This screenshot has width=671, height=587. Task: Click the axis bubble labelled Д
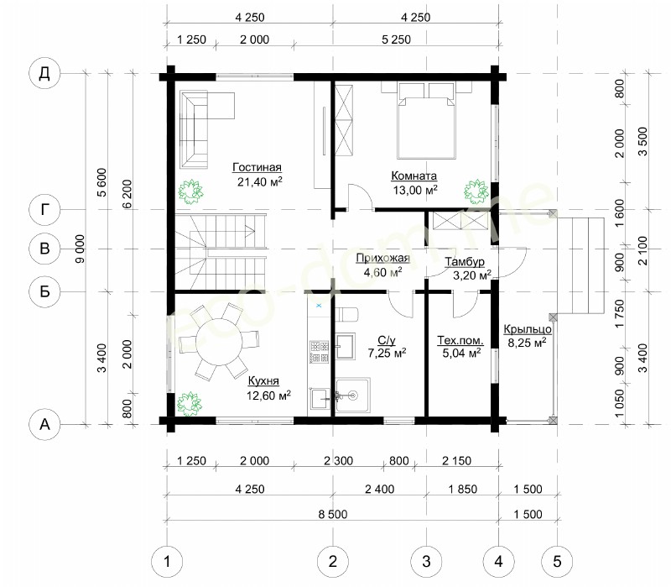coord(44,73)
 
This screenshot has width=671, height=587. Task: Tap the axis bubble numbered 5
coord(557,561)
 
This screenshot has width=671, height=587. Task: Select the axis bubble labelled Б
coord(44,291)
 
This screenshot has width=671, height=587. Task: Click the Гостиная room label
coord(257,167)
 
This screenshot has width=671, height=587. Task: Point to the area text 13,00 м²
coord(415,190)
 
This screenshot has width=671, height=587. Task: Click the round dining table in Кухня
coord(220,341)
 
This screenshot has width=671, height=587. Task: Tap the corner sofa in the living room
coord(201,128)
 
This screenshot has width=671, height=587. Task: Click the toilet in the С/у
coord(346,314)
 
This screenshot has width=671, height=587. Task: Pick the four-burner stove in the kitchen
coord(320,352)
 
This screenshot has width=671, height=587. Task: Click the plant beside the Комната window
coord(476,191)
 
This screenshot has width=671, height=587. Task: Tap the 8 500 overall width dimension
coord(332,514)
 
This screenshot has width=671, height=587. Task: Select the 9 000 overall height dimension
coord(80,249)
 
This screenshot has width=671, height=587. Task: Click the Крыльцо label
coord(528,329)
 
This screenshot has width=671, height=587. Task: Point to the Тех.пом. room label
coord(460,341)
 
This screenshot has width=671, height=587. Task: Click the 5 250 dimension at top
coord(396,39)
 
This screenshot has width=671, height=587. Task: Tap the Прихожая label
coord(382,259)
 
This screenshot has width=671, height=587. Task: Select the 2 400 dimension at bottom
coord(380,489)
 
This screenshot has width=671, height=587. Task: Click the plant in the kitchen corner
coord(189,403)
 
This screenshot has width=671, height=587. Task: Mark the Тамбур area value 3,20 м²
coord(472,275)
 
